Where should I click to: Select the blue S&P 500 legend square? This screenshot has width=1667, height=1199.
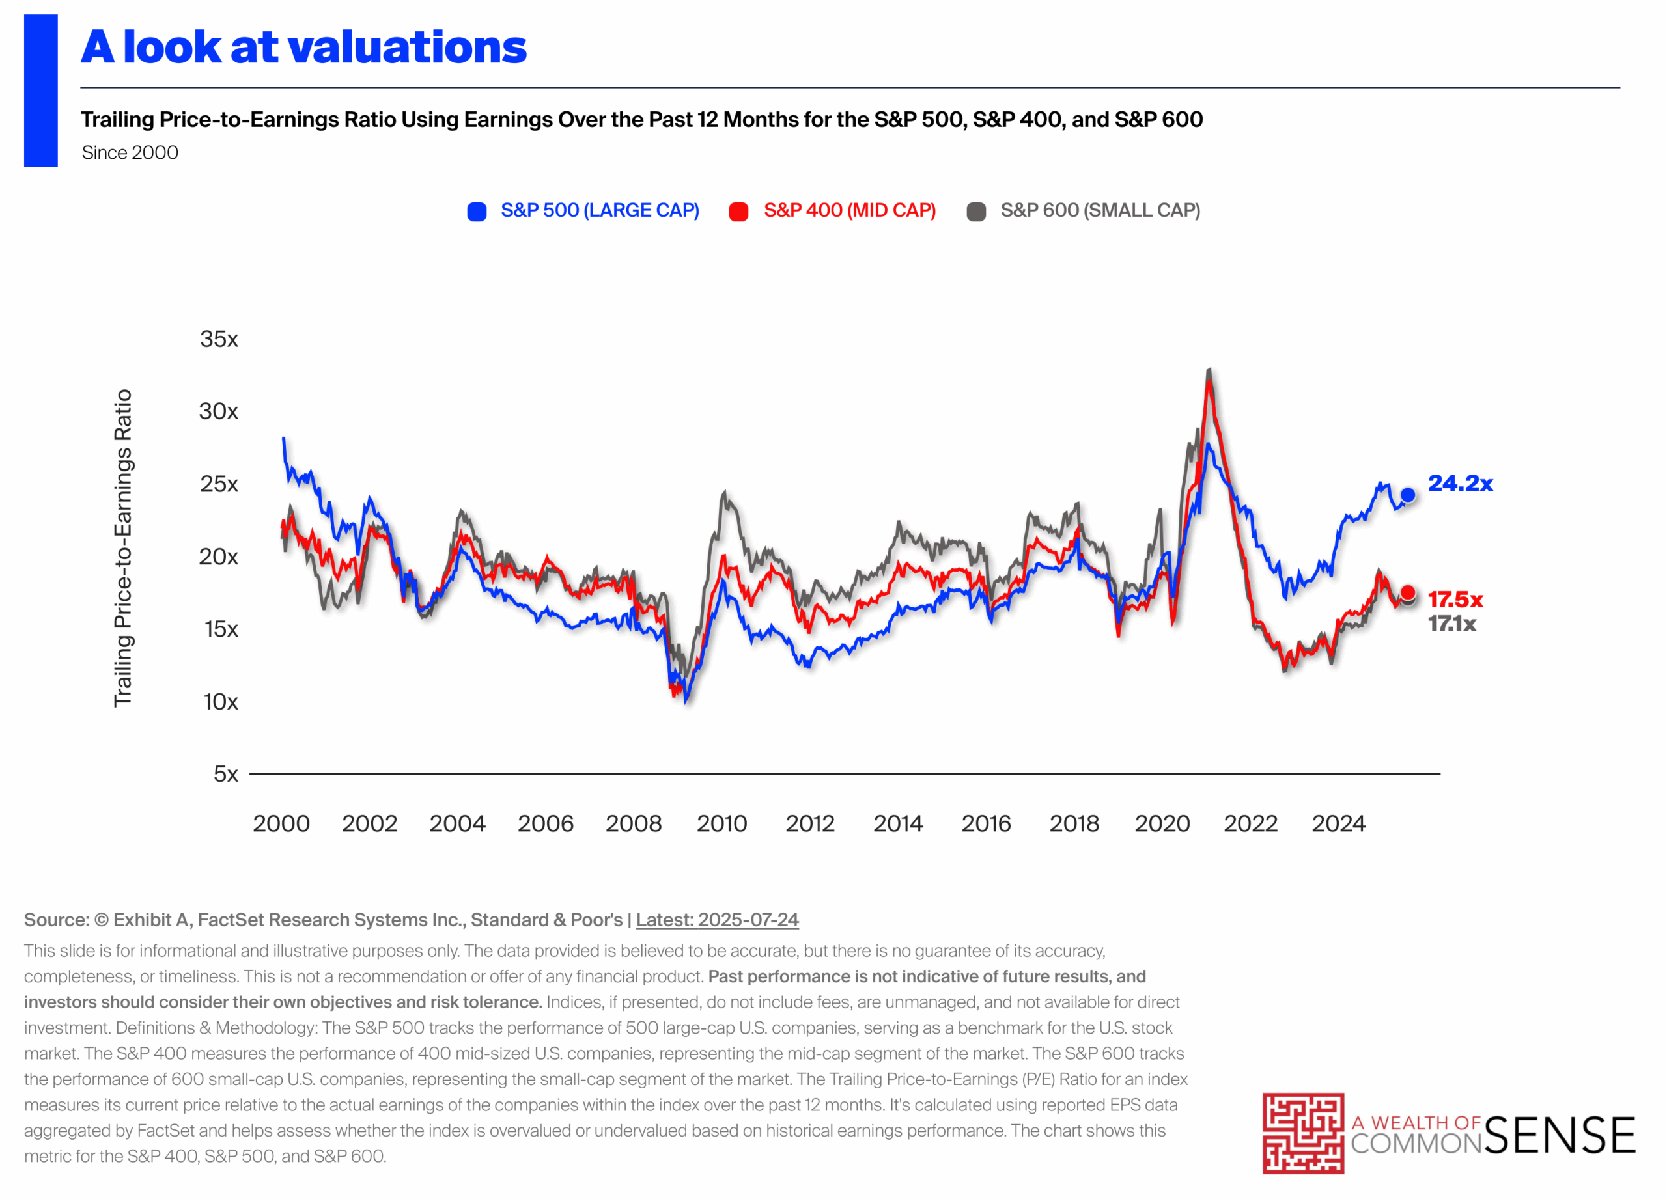click(x=477, y=212)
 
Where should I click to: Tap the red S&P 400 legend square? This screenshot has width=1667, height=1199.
click(x=738, y=212)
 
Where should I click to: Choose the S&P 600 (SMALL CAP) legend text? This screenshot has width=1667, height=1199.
click(x=1100, y=211)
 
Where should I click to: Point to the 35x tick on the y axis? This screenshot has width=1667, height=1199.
click(x=219, y=338)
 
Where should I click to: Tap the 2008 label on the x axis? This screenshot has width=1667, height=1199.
click(x=634, y=823)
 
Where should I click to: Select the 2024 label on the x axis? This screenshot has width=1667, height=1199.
click(x=1338, y=823)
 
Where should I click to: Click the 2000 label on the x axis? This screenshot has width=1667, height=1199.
click(x=281, y=823)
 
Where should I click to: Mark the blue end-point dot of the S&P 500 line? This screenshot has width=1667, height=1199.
click(x=1408, y=495)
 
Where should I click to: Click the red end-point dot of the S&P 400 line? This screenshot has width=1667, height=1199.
click(x=1408, y=592)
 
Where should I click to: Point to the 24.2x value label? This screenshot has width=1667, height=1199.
click(x=1460, y=484)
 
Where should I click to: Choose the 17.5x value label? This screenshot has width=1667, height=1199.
click(x=1455, y=599)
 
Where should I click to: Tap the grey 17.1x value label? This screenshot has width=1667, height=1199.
click(x=1451, y=624)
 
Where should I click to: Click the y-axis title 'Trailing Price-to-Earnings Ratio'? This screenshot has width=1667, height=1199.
click(x=123, y=548)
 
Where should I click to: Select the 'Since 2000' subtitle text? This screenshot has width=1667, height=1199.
click(x=130, y=153)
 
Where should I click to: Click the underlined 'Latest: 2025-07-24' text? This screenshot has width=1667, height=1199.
click(x=717, y=920)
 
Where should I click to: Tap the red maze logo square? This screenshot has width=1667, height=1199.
click(x=1303, y=1133)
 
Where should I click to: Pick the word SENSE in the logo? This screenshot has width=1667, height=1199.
click(x=1560, y=1136)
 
